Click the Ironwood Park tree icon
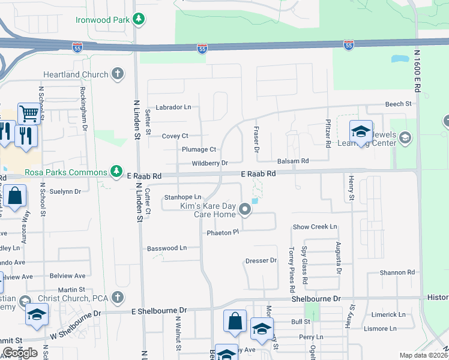coord(139,20)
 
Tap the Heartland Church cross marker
coord(118,74)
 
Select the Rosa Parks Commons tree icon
coord(117,172)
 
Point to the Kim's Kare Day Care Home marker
coord(244,209)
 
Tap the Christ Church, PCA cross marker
coord(118,297)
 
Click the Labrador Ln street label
coord(173,107)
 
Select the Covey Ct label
coord(175,136)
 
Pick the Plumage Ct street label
coord(199,149)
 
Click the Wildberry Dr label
coord(209,163)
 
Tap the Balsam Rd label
coord(292,161)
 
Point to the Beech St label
coord(398,104)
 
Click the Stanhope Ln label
coord(182,197)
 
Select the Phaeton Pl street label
coord(219,232)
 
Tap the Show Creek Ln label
coord(315,227)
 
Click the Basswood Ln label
coord(167,248)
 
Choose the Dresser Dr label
coord(261,260)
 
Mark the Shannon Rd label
coord(397,272)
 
